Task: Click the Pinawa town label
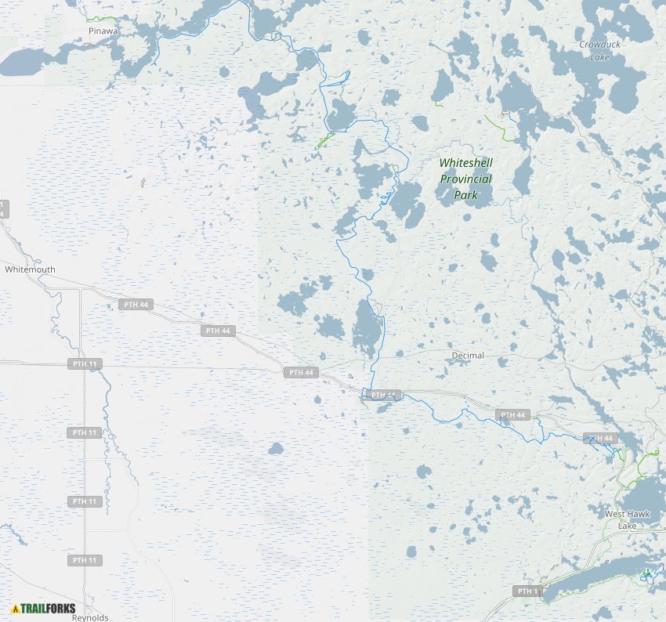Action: (103, 31)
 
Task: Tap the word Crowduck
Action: (599, 45)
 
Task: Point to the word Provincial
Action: (465, 179)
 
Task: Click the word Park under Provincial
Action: (465, 194)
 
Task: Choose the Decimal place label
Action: (468, 356)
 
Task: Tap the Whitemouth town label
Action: (30, 269)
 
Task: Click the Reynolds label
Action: (89, 617)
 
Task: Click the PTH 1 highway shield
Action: (527, 591)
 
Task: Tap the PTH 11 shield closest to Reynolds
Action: (84, 560)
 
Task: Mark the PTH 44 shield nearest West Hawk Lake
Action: (599, 438)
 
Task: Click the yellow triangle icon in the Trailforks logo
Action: (15, 608)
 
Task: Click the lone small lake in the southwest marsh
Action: (275, 449)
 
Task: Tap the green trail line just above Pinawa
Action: (102, 18)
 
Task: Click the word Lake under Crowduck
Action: (599, 57)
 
